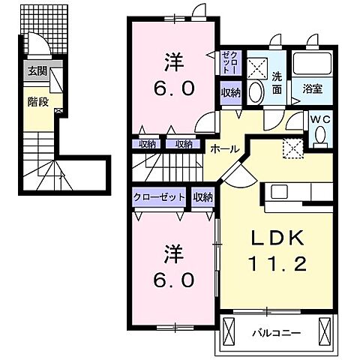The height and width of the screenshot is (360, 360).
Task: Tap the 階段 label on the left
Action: [x=38, y=101]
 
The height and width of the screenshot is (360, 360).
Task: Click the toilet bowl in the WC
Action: [x=322, y=135]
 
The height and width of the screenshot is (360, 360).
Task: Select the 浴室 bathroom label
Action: [x=313, y=88]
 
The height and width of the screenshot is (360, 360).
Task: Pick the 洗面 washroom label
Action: [x=277, y=82]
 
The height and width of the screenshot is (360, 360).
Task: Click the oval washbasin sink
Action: [x=256, y=92]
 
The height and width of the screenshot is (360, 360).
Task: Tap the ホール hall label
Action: [x=224, y=148]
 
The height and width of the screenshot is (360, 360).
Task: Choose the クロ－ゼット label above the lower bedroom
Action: [x=159, y=197]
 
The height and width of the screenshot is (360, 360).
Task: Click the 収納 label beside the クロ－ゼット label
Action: [x=202, y=197]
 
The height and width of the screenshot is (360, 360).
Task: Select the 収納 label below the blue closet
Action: [x=230, y=92]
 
